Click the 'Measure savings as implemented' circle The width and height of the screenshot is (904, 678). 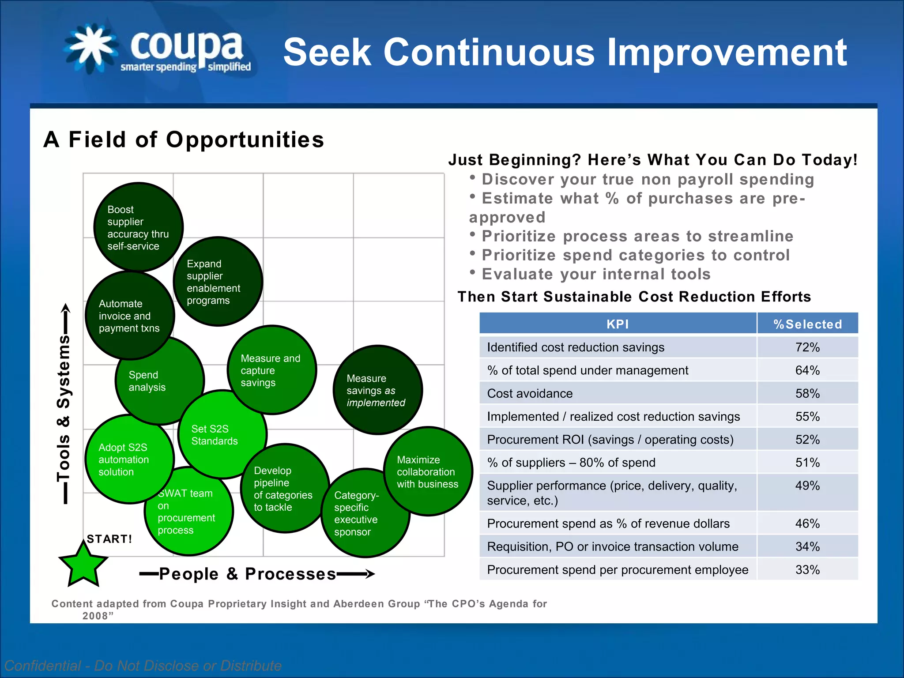pos(377,390)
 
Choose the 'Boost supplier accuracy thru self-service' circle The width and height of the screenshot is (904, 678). pos(138,227)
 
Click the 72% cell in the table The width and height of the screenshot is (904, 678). pos(807,347)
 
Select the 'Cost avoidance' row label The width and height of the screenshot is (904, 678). pos(530,393)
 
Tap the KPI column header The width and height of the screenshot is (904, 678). pos(617,324)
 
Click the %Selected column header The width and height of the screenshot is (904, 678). pos(807,324)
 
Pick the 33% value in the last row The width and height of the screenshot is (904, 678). pos(807,570)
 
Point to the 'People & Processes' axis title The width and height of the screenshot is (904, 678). pos(247,574)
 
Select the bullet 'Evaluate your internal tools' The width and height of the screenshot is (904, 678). pos(596,274)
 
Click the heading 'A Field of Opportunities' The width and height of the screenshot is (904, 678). pos(184,139)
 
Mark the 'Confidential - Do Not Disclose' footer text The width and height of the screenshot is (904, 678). pos(143,665)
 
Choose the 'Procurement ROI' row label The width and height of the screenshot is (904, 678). pos(610,440)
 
